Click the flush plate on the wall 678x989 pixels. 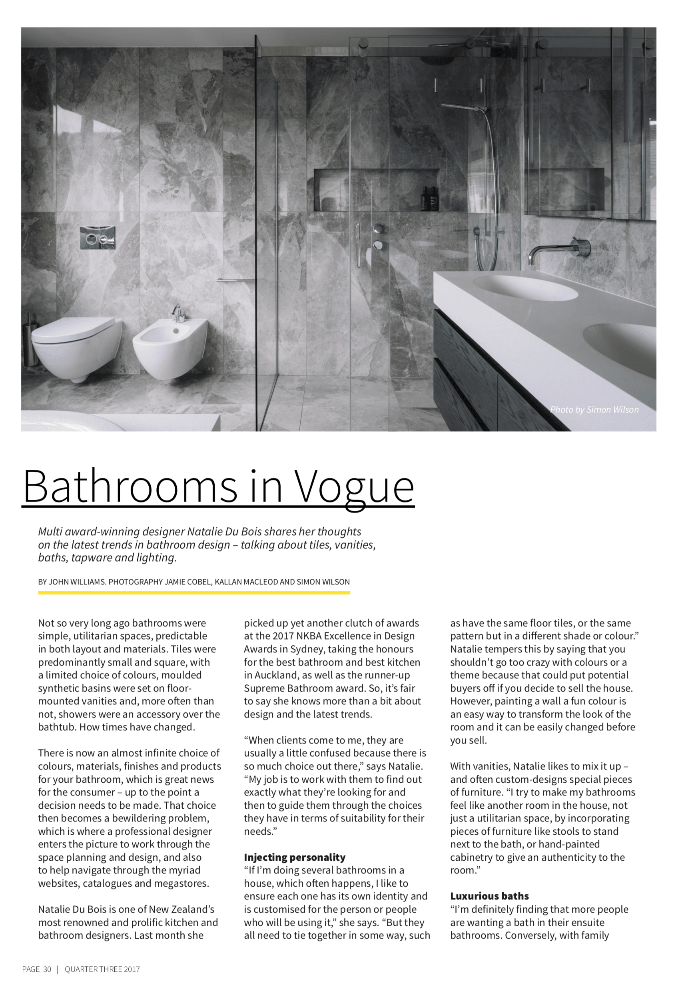pos(98,238)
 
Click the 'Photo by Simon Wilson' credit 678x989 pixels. pos(594,409)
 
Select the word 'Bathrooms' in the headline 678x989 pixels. pos(130,486)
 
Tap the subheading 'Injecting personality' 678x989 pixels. pos(295,857)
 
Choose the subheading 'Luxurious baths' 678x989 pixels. pos(489,896)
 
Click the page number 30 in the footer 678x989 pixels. pos(47,969)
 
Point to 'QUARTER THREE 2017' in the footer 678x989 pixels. pos(102,969)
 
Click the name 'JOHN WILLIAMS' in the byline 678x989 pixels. pos(77,582)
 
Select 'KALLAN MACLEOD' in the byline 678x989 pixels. pos(246,582)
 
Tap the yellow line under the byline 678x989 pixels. pos(193,592)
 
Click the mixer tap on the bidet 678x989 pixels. pos(179,314)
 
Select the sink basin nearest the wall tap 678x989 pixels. pos(526,287)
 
